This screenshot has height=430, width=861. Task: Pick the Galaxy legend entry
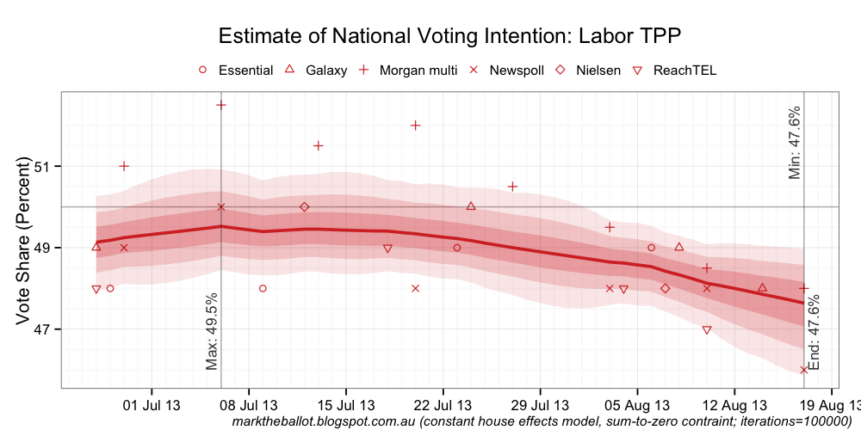coord(315,71)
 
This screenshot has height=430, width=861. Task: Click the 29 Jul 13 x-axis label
coord(540,404)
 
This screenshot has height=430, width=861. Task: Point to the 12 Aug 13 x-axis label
coord(734,404)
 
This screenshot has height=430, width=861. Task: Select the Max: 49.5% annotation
coord(212,332)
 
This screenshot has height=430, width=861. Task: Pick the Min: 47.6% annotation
coord(795,143)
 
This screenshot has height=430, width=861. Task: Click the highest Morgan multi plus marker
coord(220,105)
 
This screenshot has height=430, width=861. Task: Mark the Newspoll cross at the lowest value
coord(803,370)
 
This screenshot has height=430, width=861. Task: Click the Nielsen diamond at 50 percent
coord(304,207)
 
